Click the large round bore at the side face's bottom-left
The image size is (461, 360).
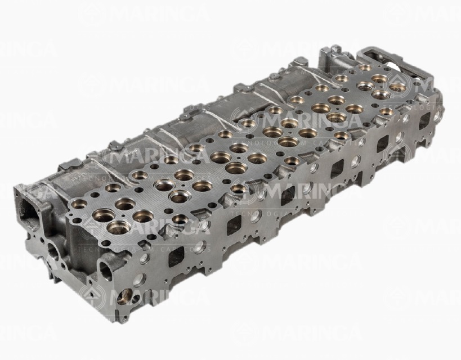coord(125,296)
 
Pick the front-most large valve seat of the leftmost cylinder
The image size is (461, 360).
coord(119,227)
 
